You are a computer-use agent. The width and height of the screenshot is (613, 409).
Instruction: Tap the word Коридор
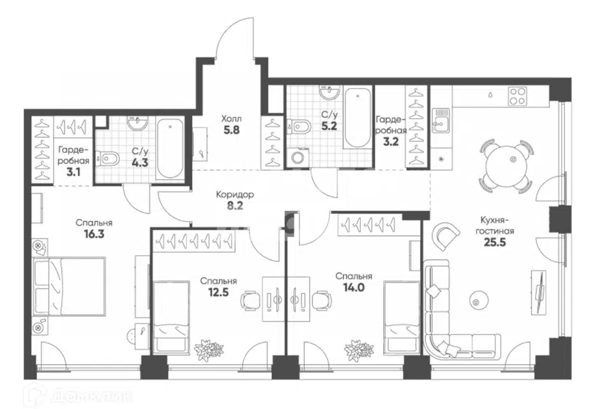tap(235, 194)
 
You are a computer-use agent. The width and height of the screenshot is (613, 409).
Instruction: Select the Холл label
tap(231, 119)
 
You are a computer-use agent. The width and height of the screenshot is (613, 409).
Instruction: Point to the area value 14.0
tap(354, 288)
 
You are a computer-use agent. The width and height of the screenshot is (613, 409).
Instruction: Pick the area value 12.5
tap(218, 292)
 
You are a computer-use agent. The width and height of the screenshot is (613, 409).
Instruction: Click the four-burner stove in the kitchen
tap(517, 96)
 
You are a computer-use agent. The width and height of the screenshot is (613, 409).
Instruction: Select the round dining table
tap(506, 166)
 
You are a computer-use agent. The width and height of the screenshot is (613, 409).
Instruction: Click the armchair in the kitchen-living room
tap(446, 236)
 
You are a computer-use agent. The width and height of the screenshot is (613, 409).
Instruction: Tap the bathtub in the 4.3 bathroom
tap(170, 148)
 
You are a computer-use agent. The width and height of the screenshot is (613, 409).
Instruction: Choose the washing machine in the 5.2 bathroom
tap(299, 157)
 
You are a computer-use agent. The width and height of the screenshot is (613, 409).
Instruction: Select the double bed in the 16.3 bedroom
tap(70, 286)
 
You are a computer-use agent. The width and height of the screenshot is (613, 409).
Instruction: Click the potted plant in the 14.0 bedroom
tap(356, 348)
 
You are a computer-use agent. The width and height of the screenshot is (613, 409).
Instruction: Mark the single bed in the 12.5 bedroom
tap(170, 316)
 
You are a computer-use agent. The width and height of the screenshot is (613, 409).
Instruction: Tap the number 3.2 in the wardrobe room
tap(391, 141)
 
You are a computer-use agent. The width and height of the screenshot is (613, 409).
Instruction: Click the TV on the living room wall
tap(540, 291)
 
